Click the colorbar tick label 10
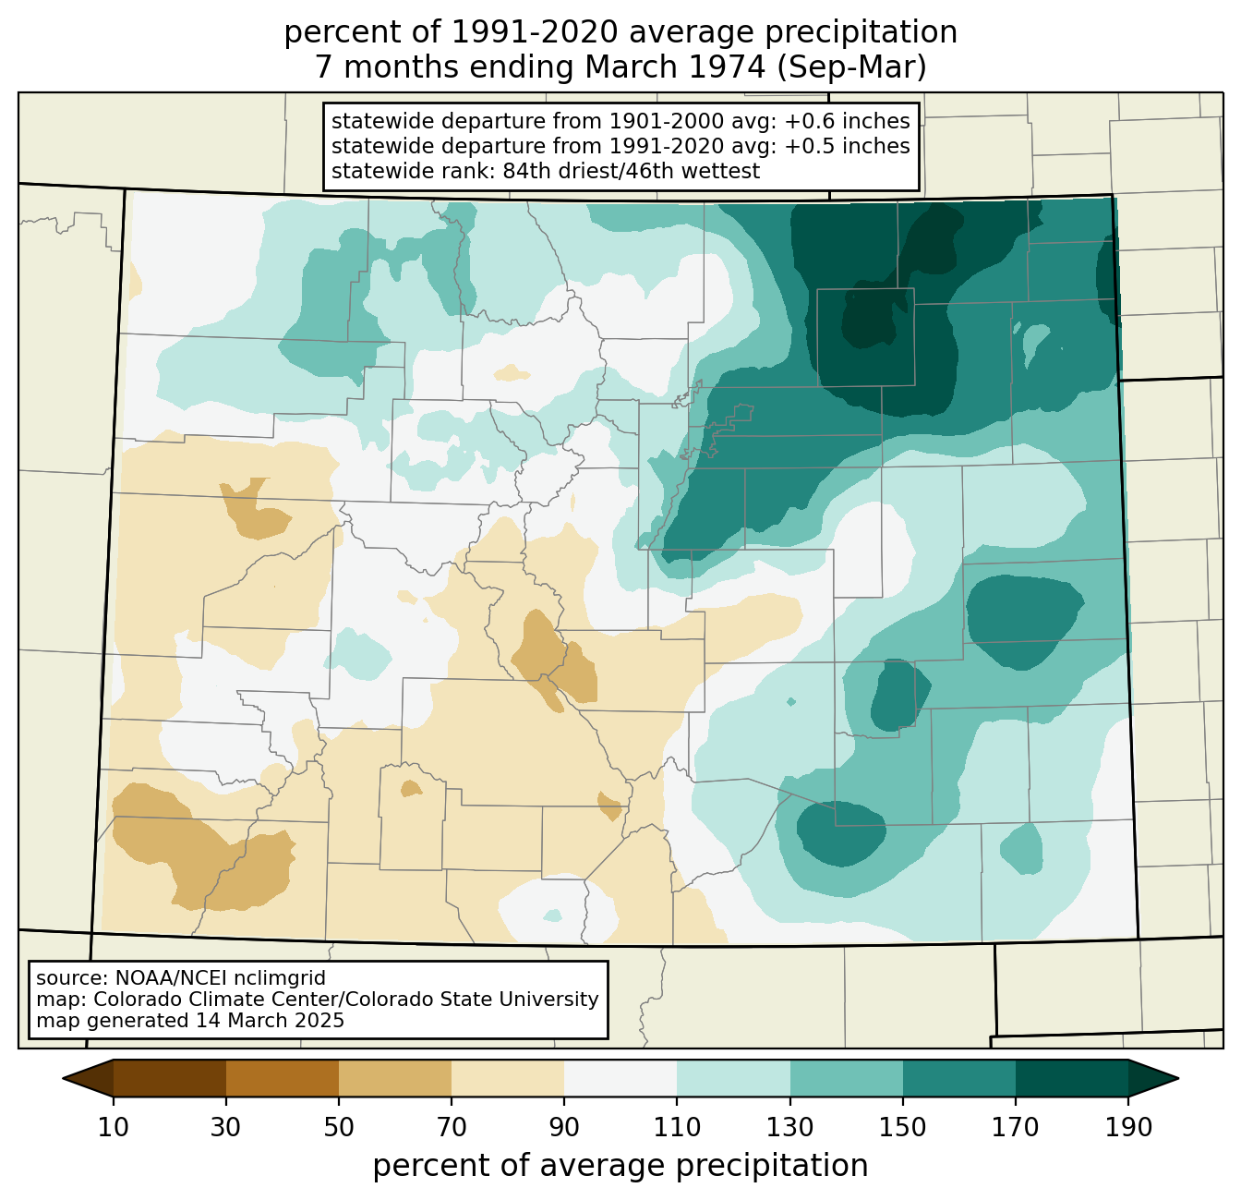click(114, 1127)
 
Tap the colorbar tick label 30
click(225, 1127)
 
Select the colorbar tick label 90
click(564, 1127)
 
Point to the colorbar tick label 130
click(790, 1127)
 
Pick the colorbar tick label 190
click(1128, 1127)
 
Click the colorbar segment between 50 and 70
click(395, 1078)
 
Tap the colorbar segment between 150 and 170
click(959, 1078)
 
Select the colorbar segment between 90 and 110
click(620, 1078)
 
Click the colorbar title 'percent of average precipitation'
click(620, 1166)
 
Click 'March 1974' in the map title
click(675, 67)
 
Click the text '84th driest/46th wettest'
click(632, 171)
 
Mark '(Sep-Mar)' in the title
click(851, 67)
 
